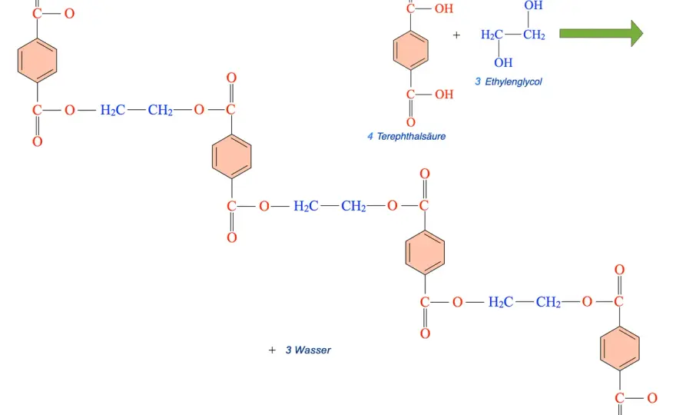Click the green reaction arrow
[x=601, y=33]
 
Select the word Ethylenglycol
[x=513, y=82]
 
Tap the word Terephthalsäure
[x=411, y=137]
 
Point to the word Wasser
[x=313, y=350]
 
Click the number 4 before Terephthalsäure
[x=370, y=137]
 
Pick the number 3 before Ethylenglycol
[x=478, y=82]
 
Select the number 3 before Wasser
[x=288, y=350]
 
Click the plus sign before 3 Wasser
[x=272, y=350]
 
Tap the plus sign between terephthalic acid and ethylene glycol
[x=456, y=35]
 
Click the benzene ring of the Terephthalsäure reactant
[x=411, y=51]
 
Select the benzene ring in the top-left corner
[x=37, y=61]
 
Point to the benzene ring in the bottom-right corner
[x=619, y=349]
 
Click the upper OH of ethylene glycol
[x=533, y=5]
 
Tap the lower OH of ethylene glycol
[x=503, y=63]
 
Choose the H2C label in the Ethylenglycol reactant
[x=492, y=35]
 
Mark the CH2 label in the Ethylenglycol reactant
[x=534, y=35]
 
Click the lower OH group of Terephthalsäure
[x=444, y=95]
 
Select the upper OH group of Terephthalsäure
[x=444, y=8]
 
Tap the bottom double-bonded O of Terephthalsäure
[x=411, y=123]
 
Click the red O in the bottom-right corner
[x=652, y=398]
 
